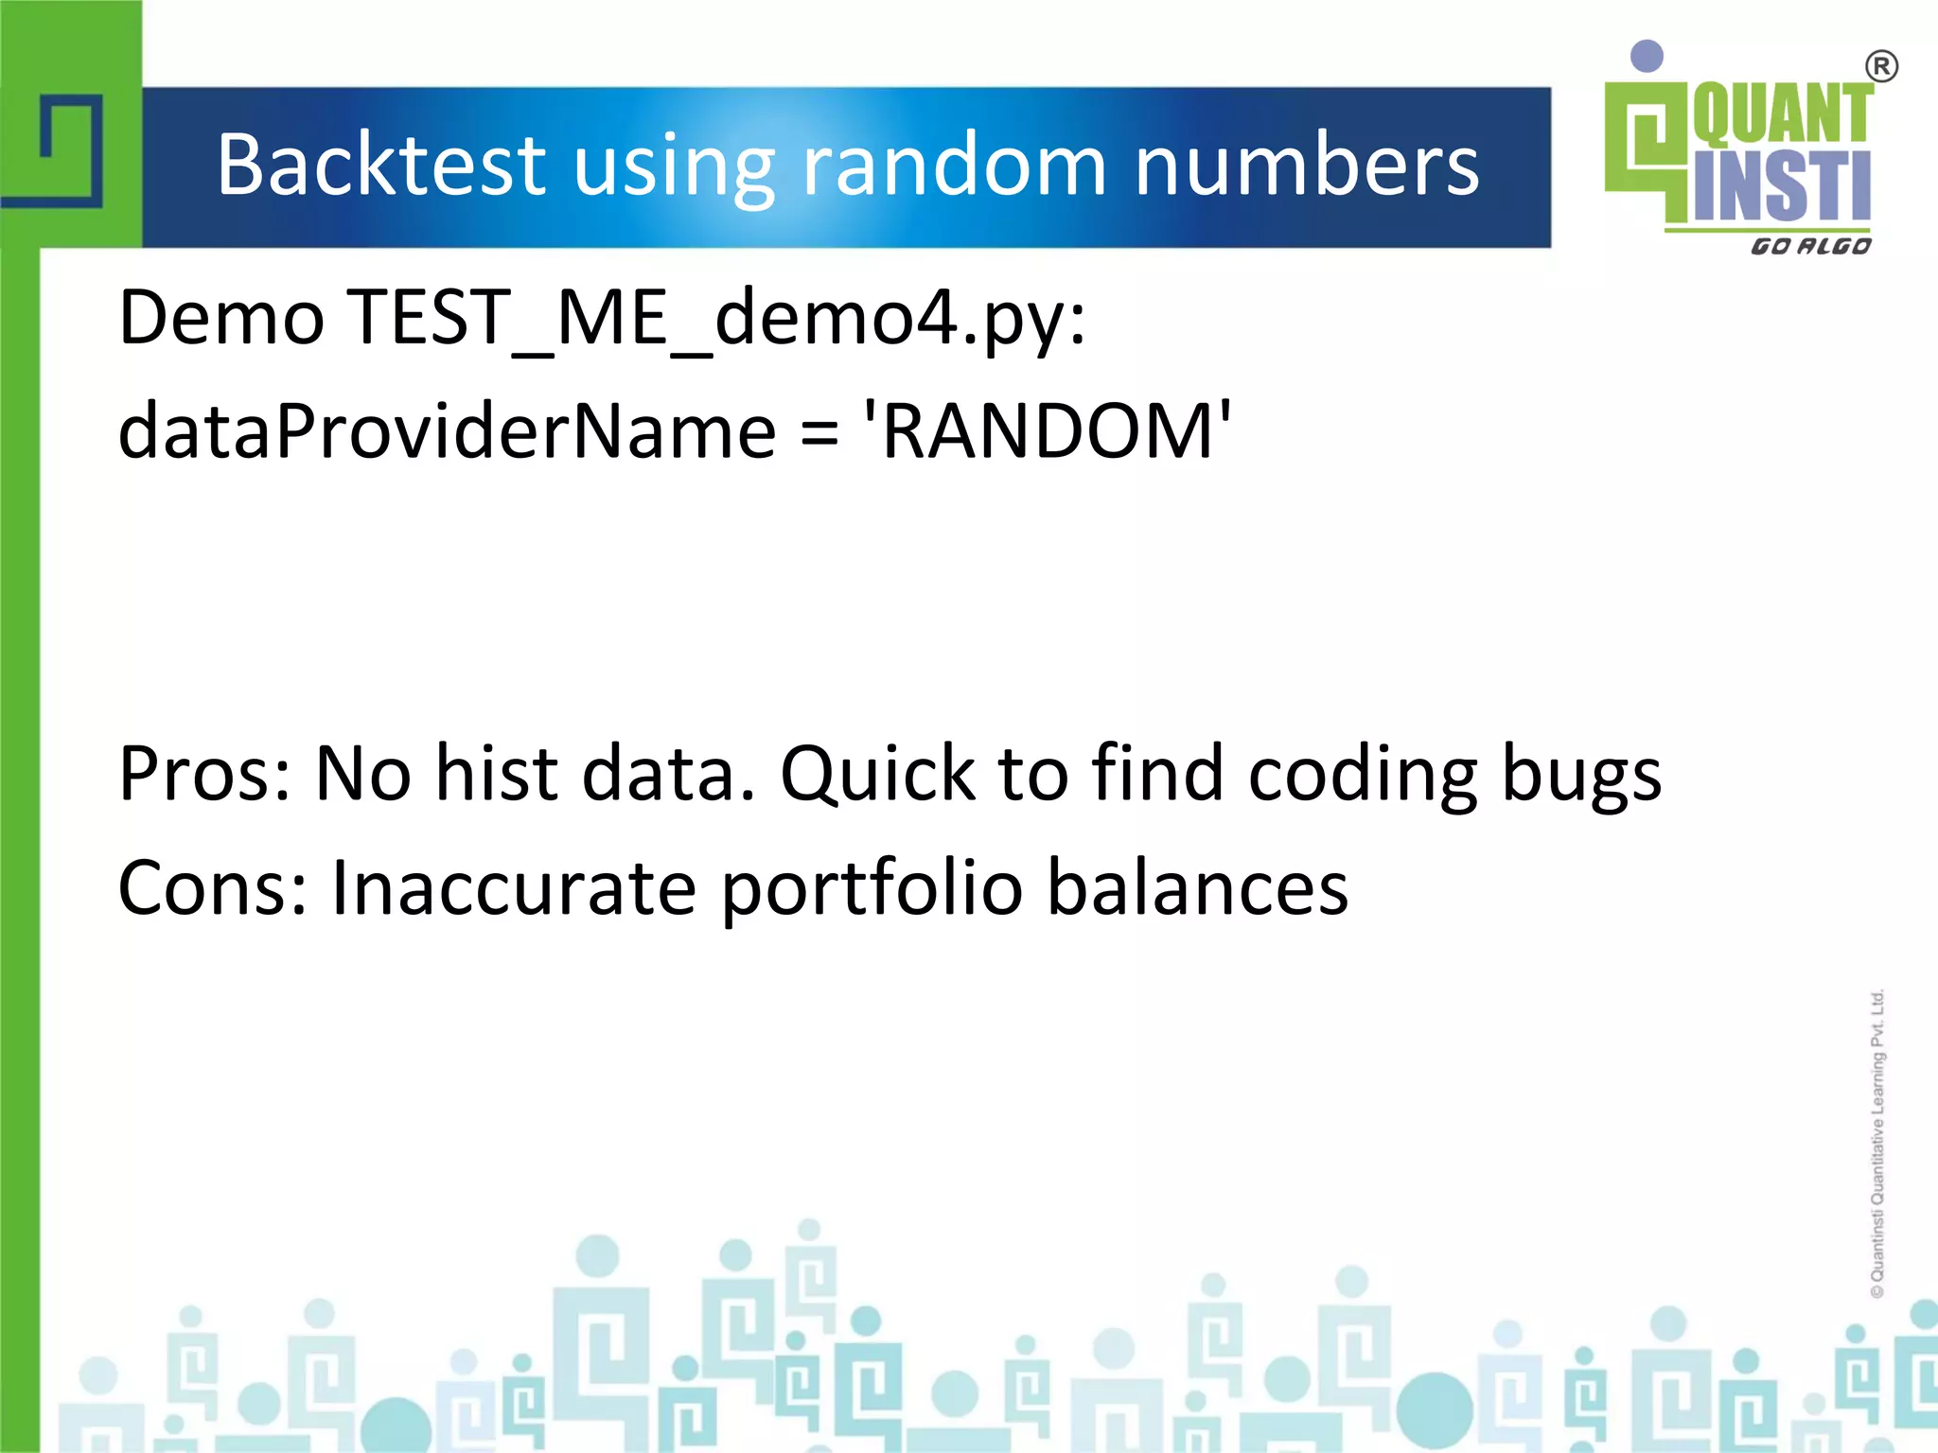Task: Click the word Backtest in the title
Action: (381, 165)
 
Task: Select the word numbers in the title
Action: (1306, 165)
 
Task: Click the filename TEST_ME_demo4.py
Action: (716, 319)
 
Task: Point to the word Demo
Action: (221, 319)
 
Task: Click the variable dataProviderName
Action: (447, 431)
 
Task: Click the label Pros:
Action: (204, 774)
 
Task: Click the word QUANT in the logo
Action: (1782, 114)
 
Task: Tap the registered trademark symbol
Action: (1881, 67)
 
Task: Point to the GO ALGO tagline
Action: (1810, 247)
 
